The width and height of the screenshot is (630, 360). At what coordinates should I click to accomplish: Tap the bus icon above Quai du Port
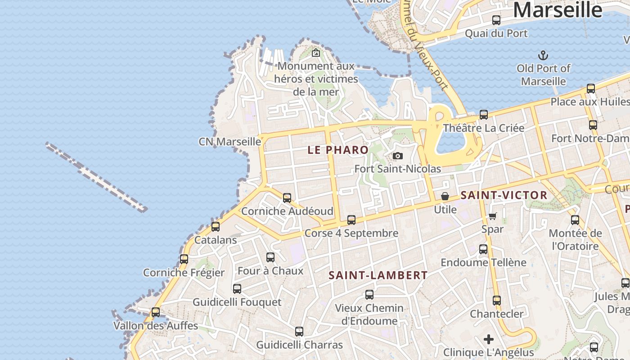point(496,20)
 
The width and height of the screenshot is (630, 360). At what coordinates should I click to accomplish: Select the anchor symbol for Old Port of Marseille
point(543,56)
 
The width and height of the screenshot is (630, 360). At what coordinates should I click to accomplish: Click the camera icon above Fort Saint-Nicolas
point(397,156)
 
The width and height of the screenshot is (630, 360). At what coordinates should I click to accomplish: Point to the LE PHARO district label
point(338,150)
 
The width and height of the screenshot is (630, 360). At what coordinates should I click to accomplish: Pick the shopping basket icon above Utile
point(445,197)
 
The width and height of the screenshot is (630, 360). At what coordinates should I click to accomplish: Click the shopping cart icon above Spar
point(493,216)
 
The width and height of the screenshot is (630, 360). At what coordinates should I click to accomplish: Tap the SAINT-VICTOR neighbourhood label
point(504,195)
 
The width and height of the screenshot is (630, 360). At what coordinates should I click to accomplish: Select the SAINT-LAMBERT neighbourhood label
point(378,275)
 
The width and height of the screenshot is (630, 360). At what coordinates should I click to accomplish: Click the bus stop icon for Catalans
point(216,227)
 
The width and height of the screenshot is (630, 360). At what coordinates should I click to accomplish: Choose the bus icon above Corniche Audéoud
point(287,198)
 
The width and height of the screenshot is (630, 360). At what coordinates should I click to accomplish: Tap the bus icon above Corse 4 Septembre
point(351,220)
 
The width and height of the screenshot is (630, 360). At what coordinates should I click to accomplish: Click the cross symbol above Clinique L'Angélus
point(489,339)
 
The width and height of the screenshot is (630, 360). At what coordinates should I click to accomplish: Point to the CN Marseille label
point(230,142)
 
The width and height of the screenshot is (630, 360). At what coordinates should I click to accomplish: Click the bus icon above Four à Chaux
point(270,257)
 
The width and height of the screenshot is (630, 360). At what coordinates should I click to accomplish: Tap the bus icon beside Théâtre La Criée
point(484,115)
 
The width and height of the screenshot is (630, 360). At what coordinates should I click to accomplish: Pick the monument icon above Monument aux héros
point(316,53)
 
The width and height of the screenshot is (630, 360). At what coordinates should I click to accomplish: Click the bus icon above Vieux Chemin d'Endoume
point(369,295)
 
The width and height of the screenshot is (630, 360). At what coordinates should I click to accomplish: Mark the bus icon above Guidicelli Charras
point(299,332)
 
